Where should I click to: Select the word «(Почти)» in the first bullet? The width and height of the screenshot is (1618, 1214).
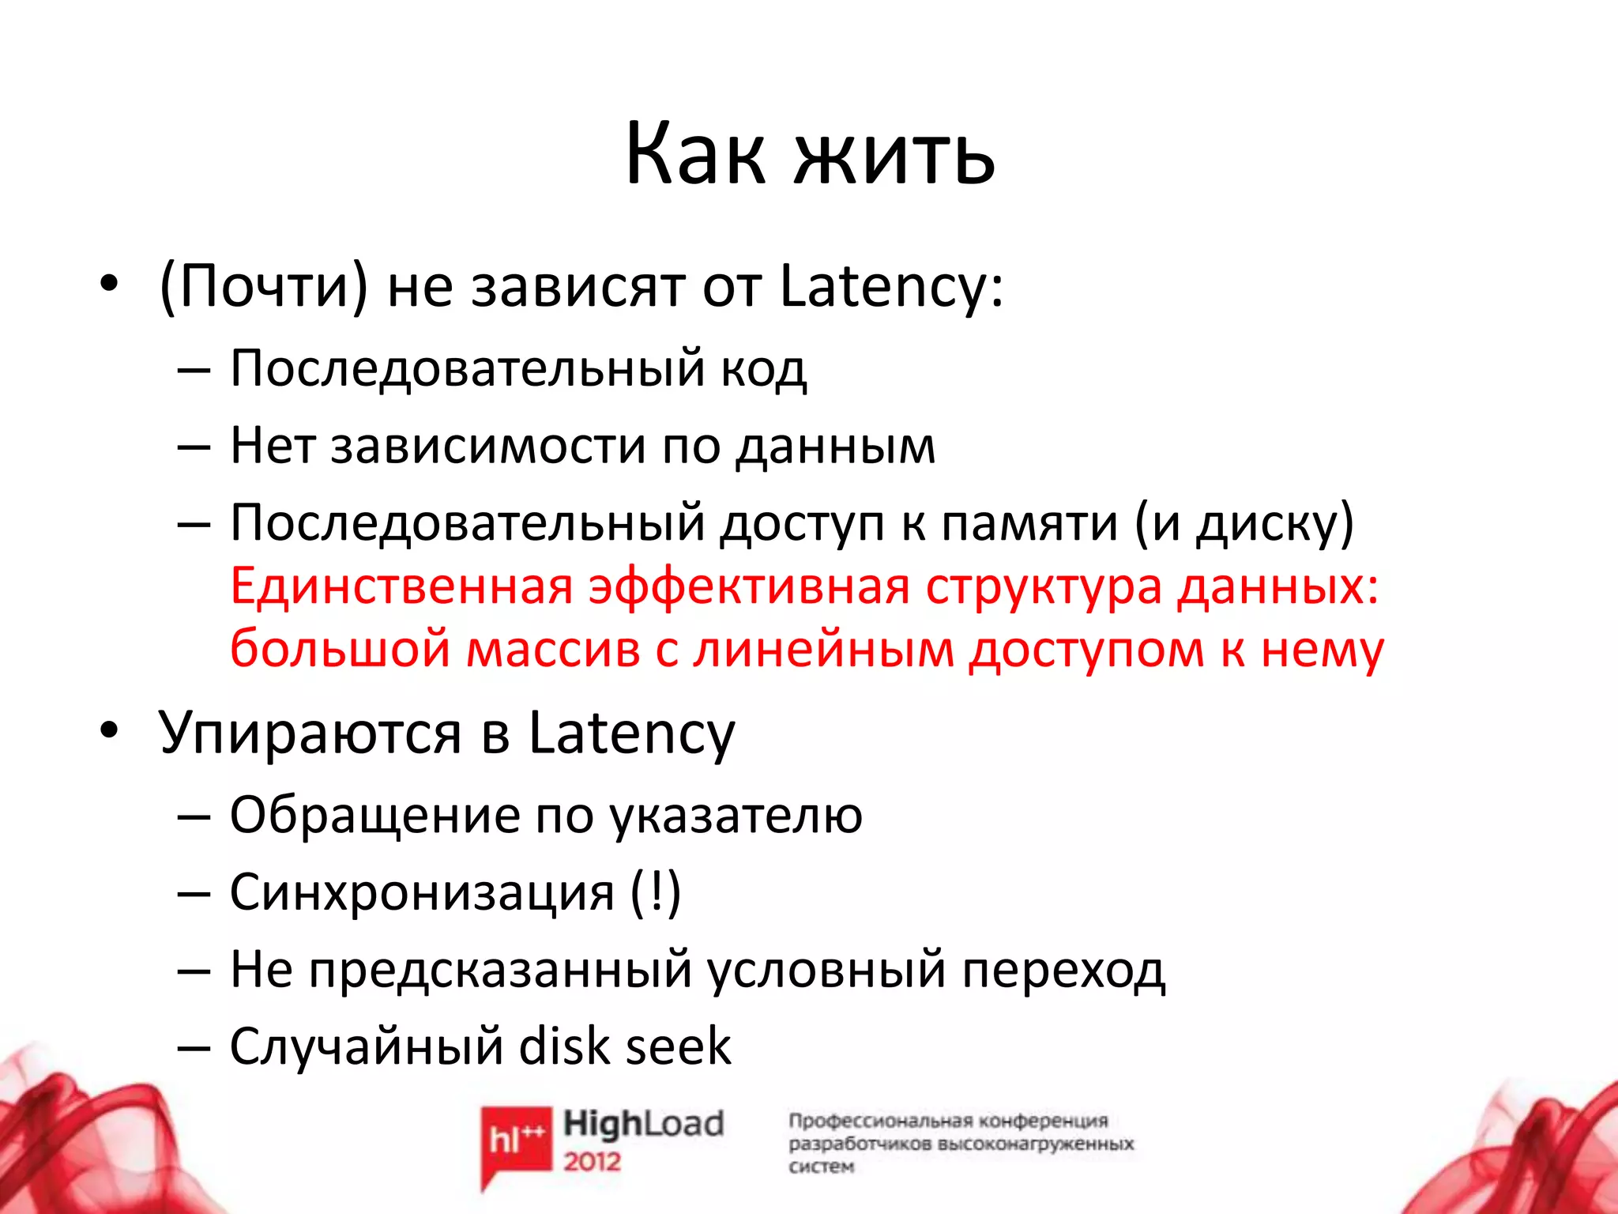(264, 286)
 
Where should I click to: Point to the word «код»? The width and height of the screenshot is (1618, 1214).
(763, 369)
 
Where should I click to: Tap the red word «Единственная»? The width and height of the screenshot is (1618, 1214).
(401, 587)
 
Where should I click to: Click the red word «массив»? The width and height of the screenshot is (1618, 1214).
(553, 650)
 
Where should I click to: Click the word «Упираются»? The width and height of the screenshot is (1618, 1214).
(310, 733)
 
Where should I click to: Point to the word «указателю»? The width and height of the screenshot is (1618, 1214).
(736, 816)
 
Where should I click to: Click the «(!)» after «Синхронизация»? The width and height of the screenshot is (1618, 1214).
(656, 893)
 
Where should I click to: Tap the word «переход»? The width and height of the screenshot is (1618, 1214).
(1063, 971)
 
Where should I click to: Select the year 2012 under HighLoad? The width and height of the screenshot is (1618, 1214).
(592, 1161)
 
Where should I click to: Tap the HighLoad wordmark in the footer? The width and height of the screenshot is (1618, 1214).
(643, 1124)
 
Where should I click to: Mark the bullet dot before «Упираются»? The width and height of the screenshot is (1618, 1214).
(109, 730)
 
